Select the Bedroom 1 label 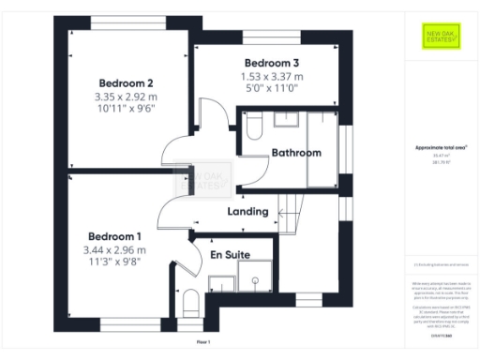114,236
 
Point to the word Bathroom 296,153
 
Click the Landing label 248,212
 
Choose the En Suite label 229,254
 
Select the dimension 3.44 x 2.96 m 114,250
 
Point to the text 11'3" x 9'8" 114,263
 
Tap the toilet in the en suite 190,301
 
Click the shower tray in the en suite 256,277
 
